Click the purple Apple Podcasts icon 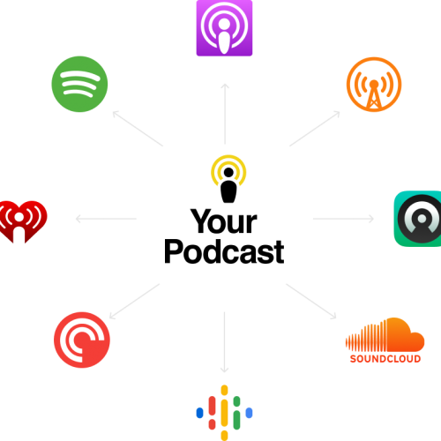coord(224,28)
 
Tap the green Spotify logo coord(79,84)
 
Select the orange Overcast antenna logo coord(374,85)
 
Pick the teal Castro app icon coord(417,219)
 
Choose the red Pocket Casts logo coord(82,340)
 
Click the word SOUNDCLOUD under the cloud coord(385,359)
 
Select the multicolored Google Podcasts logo coord(224,413)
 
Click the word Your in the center coord(224,221)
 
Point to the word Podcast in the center coord(224,251)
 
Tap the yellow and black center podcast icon coord(228,179)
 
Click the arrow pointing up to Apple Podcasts coord(225,114)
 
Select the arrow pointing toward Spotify coord(138,128)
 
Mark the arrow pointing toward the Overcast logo coord(315,129)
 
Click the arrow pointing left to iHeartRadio coord(106,219)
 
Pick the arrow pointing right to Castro coord(343,219)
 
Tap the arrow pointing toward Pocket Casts coord(134,302)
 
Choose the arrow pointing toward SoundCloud coord(311,302)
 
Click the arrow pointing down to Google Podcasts coord(225,342)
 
